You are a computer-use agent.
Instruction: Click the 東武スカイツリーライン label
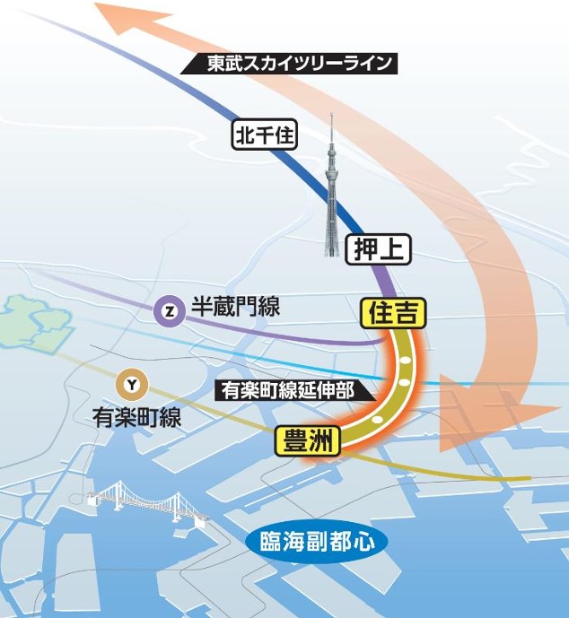[290, 65]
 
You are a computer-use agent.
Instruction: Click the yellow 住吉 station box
[391, 312]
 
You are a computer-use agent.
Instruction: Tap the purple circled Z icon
[170, 310]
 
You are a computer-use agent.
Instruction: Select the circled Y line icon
[133, 385]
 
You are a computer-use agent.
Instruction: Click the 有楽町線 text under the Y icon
[137, 416]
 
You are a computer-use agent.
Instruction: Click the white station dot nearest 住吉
[405, 359]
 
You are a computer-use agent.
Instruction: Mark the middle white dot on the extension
[404, 383]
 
